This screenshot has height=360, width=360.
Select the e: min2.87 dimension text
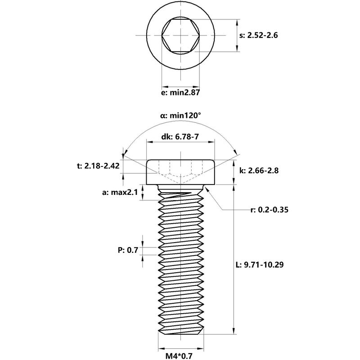(x=180, y=93)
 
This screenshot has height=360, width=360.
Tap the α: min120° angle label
(x=180, y=116)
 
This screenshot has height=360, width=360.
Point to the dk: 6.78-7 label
(x=180, y=137)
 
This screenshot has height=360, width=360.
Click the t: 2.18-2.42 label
(x=98, y=166)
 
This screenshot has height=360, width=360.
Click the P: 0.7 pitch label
(x=128, y=251)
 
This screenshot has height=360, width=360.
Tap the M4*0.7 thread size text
(x=180, y=356)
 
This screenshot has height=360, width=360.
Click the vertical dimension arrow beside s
(x=238, y=35)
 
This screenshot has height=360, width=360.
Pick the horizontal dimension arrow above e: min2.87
(x=180, y=85)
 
